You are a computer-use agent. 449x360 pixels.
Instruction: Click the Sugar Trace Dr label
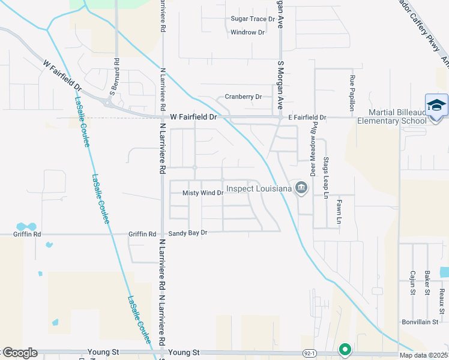[x=252, y=19]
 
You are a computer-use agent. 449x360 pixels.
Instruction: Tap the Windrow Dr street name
[x=247, y=32]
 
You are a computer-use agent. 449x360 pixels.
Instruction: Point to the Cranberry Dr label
[x=243, y=97]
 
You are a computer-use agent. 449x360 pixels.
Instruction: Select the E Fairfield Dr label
[x=306, y=118]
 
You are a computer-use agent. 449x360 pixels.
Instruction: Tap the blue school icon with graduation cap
[x=436, y=106]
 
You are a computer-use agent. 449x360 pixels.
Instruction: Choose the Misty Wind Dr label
[x=203, y=193]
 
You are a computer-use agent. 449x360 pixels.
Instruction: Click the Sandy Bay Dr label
[x=187, y=233]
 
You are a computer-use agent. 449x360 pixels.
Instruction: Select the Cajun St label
[x=413, y=282]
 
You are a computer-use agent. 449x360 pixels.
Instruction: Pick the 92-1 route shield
[x=309, y=353]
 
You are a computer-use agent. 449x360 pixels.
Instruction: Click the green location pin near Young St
[x=345, y=348]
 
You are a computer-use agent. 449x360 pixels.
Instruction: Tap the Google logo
[x=20, y=353]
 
